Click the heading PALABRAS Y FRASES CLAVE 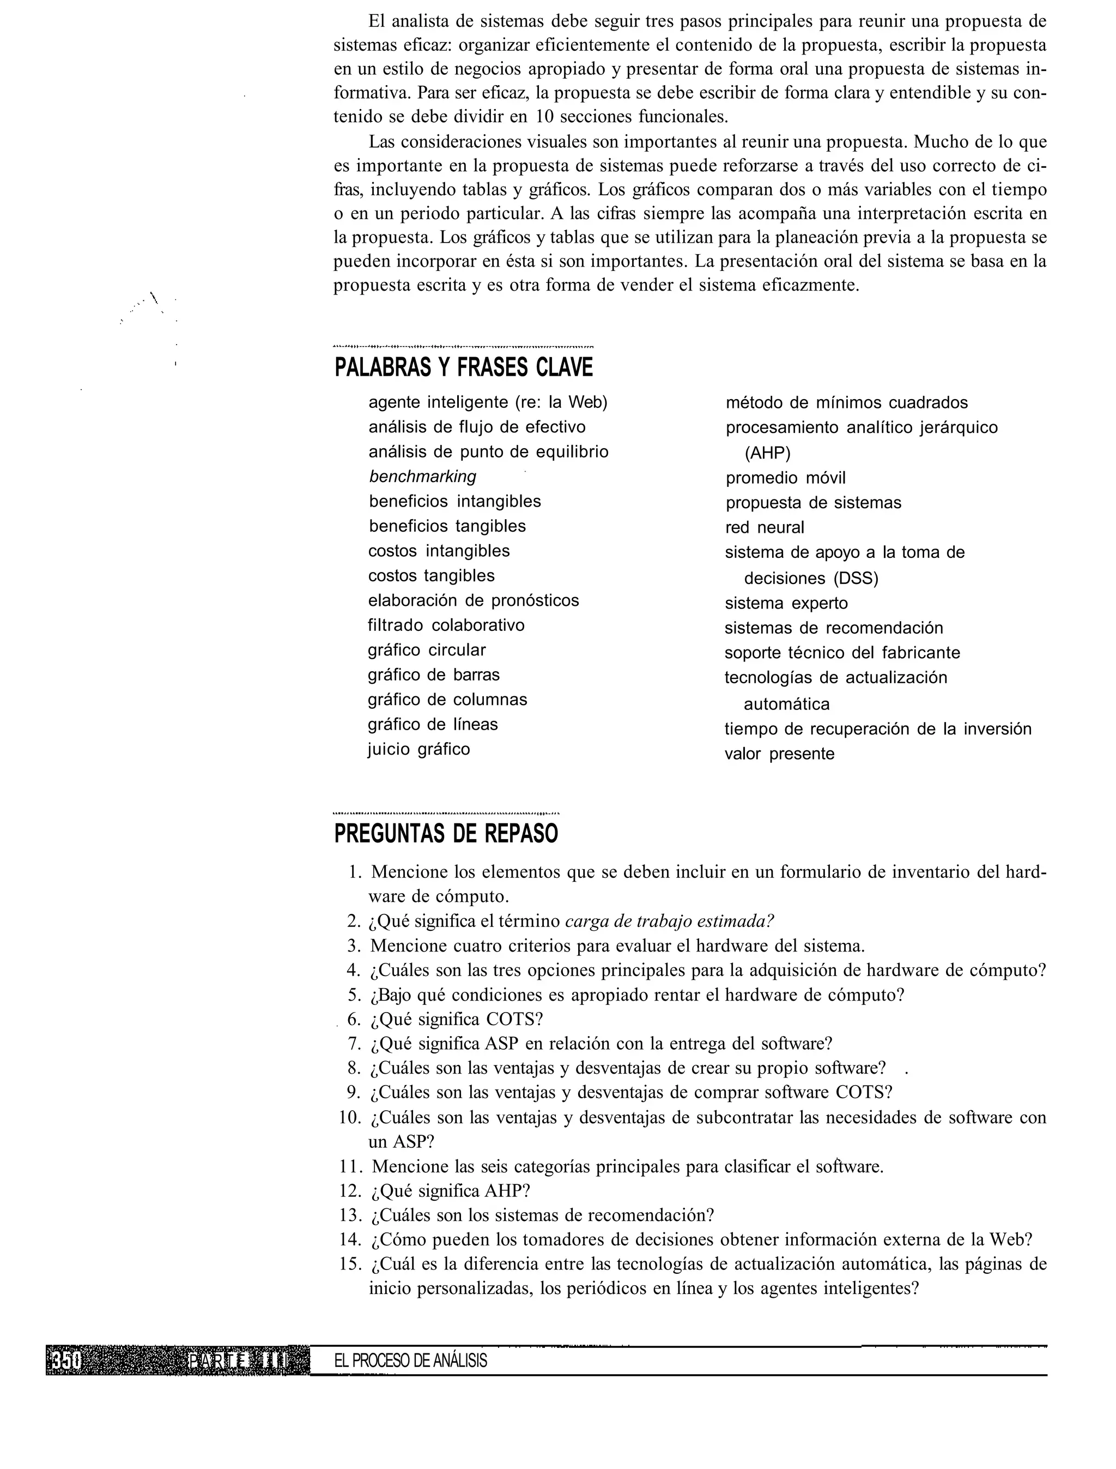464,367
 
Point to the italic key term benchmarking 422,477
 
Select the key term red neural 764,527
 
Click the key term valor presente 779,754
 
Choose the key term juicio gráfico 418,749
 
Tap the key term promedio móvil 785,478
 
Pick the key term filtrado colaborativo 446,625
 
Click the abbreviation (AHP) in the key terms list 767,453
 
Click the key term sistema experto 786,603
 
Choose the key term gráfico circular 427,649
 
